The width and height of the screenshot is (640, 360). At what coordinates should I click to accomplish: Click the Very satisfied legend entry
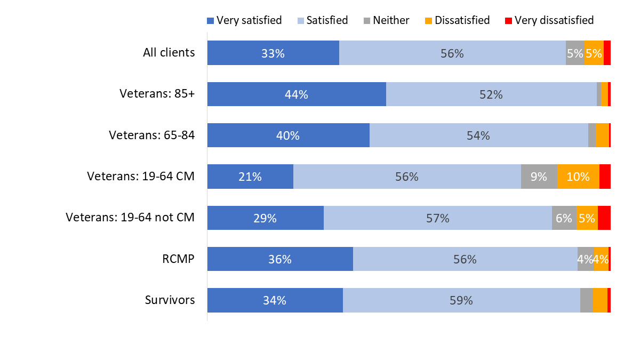click(x=244, y=20)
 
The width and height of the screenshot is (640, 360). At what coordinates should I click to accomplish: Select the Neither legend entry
click(x=386, y=20)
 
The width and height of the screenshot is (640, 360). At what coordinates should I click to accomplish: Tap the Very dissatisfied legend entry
click(x=549, y=20)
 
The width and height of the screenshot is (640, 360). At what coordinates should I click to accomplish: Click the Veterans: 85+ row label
click(x=157, y=94)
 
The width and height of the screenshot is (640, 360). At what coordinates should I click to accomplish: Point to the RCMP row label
click(x=178, y=259)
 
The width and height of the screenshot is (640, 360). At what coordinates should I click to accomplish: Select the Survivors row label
click(x=170, y=300)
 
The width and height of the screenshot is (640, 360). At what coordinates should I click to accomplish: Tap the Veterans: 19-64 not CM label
click(x=130, y=218)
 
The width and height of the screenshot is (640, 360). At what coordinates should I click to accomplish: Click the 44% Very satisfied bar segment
click(x=297, y=94)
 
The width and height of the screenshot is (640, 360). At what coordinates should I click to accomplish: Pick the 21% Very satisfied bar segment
click(x=250, y=177)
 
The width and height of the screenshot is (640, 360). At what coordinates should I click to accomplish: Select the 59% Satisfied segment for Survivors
click(x=461, y=300)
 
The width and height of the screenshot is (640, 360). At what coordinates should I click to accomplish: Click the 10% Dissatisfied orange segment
click(x=578, y=177)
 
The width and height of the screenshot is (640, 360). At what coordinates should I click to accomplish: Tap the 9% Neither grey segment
click(x=539, y=177)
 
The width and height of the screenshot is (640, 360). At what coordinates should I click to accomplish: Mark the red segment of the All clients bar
click(x=607, y=53)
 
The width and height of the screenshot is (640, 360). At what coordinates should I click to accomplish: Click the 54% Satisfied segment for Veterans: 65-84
click(x=478, y=135)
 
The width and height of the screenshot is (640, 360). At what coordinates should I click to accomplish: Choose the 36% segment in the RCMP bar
click(x=280, y=259)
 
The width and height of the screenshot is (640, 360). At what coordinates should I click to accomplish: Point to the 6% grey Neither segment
click(x=564, y=218)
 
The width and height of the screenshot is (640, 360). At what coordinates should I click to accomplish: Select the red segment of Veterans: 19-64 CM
click(x=605, y=177)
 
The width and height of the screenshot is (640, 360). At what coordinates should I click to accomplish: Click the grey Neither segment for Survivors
click(x=586, y=300)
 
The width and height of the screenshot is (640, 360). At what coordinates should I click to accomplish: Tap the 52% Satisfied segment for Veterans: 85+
click(x=491, y=94)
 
